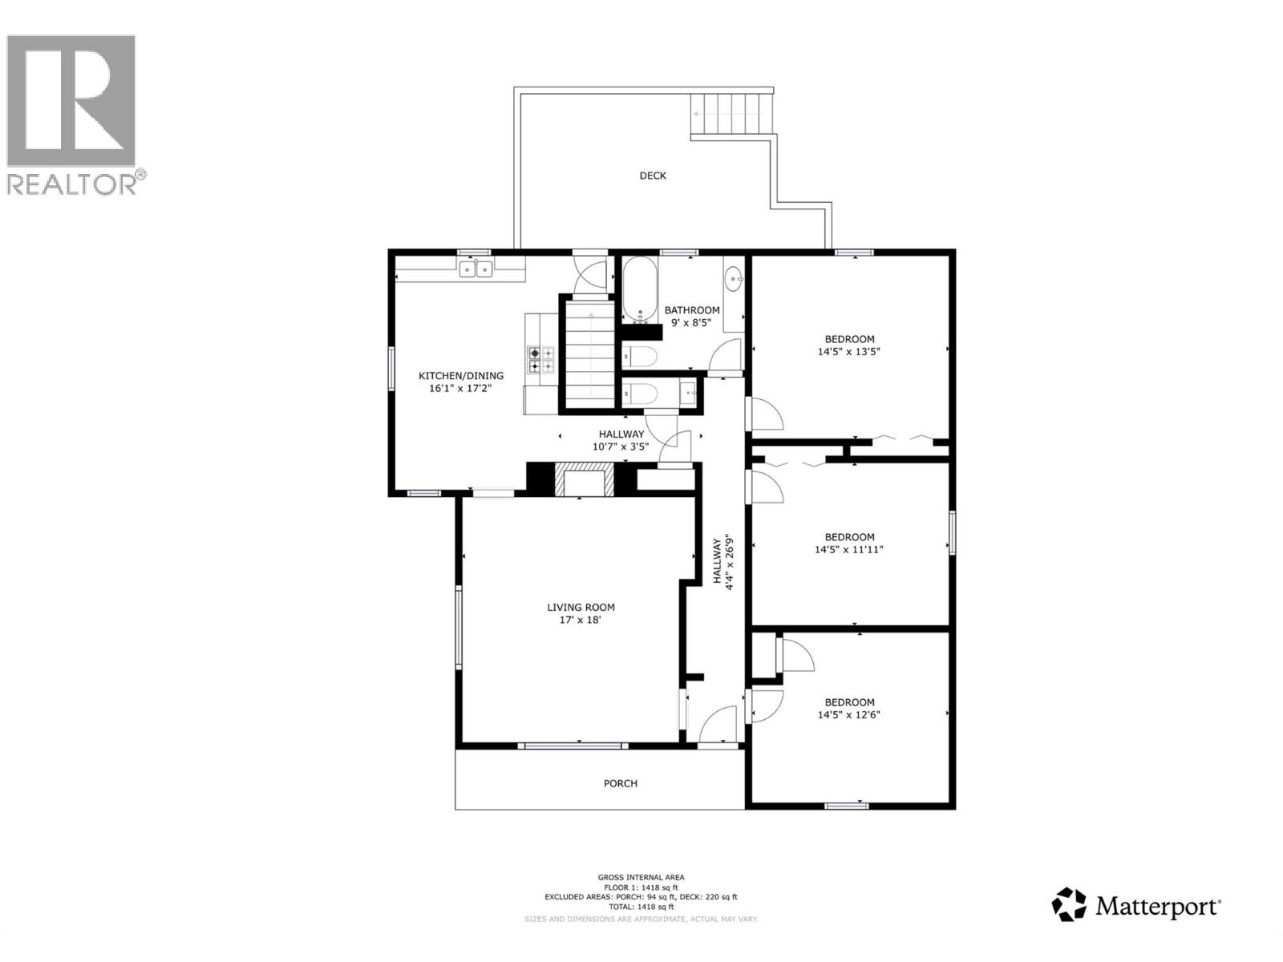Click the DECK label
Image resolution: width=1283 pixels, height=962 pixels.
652,176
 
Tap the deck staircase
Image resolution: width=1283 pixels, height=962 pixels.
732,115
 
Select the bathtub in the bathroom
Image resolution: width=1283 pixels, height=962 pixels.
640,289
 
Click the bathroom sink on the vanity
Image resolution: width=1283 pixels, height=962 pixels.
733,281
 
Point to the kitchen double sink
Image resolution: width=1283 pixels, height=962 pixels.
476,269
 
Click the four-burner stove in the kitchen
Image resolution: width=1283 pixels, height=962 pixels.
541,360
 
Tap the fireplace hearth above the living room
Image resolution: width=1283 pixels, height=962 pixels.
585,482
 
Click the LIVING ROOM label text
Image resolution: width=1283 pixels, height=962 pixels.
581,607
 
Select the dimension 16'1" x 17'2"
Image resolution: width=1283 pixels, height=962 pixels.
460,388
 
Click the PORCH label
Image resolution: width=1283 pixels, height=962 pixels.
620,783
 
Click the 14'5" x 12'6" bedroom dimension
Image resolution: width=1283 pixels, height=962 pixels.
848,715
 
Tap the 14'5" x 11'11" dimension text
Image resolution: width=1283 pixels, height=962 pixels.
848,550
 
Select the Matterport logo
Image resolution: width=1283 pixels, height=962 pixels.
1136,905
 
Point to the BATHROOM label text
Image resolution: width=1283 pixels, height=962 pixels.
691,310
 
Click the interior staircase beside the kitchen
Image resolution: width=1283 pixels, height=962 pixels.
589,353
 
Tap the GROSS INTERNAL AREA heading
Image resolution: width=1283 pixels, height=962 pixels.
641,877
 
